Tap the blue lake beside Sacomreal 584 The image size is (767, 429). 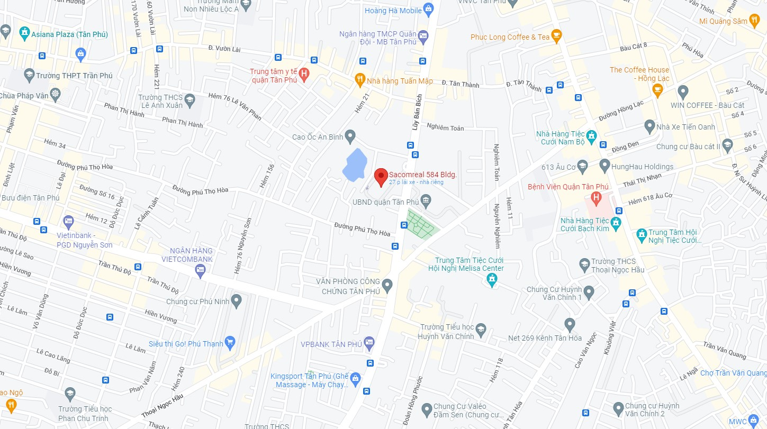(x=354, y=165)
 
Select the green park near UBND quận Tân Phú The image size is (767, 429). (x=422, y=224)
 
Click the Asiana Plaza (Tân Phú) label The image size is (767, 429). (x=69, y=34)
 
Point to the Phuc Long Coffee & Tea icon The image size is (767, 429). (x=556, y=36)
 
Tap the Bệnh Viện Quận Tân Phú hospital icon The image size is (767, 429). (x=597, y=199)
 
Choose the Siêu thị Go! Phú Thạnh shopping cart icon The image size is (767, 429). (x=230, y=343)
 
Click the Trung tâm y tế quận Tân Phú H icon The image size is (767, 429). (x=304, y=75)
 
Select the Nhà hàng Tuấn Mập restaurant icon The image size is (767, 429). (x=360, y=80)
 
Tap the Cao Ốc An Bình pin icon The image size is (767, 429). (x=349, y=136)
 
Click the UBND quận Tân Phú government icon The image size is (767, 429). (x=426, y=202)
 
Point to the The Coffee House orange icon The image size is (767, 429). (x=657, y=90)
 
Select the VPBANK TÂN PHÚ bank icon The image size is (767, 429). (x=369, y=344)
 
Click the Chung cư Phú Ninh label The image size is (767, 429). (x=197, y=302)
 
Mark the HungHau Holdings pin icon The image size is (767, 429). (x=605, y=166)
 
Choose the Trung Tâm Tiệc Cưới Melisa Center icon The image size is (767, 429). (x=492, y=279)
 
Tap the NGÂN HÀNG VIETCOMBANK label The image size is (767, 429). (x=191, y=255)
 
